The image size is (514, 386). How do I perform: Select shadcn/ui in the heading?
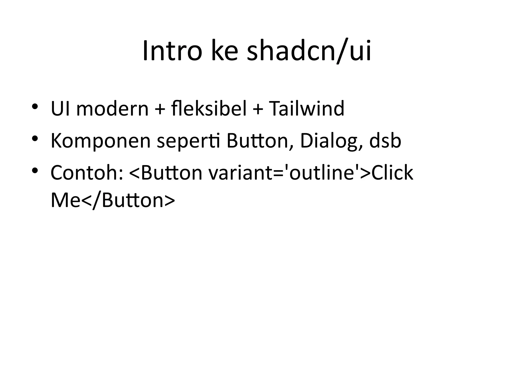309,51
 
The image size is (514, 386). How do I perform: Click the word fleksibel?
209,109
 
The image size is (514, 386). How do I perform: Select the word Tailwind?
306,109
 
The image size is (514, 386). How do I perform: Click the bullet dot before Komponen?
35,138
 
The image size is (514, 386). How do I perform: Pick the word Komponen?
101,141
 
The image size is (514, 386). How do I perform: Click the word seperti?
188,141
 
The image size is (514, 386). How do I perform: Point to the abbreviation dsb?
385,141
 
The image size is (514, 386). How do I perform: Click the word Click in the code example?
392,173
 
